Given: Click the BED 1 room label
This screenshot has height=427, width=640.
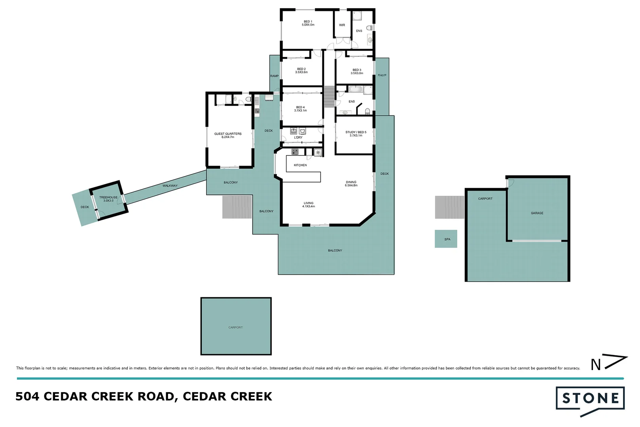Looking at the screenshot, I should pyautogui.click(x=308, y=23).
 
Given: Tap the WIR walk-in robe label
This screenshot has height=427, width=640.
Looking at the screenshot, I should pyautogui.click(x=342, y=25).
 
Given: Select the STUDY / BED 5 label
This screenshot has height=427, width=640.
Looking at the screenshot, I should pyautogui.click(x=356, y=134).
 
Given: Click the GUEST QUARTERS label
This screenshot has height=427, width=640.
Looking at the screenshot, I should pyautogui.click(x=228, y=135).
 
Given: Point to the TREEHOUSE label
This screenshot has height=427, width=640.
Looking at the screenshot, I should pyautogui.click(x=108, y=199).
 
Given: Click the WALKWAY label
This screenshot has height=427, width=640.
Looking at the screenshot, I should pyautogui.click(x=170, y=186).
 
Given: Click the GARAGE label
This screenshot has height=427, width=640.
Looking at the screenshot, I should pyautogui.click(x=537, y=213).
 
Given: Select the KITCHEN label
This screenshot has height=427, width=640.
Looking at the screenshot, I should pyautogui.click(x=300, y=165).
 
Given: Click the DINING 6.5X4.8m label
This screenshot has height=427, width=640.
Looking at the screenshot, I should pyautogui.click(x=351, y=184).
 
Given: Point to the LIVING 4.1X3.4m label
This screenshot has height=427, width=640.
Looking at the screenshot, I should pyautogui.click(x=309, y=205).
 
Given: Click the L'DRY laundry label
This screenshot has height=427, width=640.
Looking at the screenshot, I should pyautogui.click(x=298, y=138).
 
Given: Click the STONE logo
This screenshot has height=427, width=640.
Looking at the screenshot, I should pyautogui.click(x=590, y=399).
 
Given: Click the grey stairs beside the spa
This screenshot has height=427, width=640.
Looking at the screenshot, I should pyautogui.click(x=449, y=207).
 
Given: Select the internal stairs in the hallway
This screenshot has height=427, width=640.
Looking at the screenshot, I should pyautogui.click(x=329, y=97).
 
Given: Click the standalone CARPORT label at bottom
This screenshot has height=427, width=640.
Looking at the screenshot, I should pyautogui.click(x=235, y=327).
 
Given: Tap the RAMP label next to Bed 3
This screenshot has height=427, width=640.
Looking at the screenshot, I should pyautogui.click(x=382, y=75).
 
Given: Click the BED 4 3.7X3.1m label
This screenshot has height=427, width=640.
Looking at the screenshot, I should pyautogui.click(x=300, y=109).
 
